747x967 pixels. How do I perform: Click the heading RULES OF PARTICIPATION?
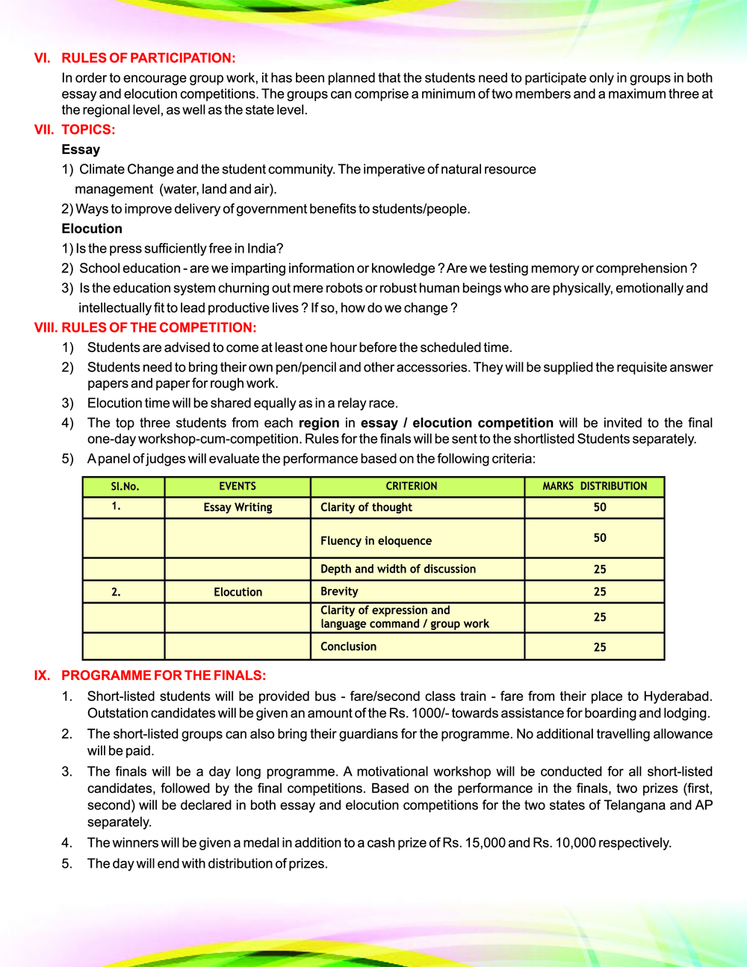pos(148,58)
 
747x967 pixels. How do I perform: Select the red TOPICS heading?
pos(88,129)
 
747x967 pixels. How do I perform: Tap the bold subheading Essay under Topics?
pos(81,149)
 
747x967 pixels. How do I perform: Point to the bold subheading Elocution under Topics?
pos(92,229)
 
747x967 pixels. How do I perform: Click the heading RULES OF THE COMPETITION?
pos(158,327)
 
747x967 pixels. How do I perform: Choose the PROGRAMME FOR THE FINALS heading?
pos(163,676)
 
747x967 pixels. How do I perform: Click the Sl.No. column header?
pos(125,486)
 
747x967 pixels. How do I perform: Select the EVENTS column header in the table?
pos(238,486)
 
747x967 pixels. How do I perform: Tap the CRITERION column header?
pos(412,486)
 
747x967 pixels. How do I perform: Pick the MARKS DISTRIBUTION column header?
pos(595,486)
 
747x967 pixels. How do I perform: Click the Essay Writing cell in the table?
pos(238,507)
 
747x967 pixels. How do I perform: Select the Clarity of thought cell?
pos(366,507)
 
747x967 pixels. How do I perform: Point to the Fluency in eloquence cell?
pos(376,541)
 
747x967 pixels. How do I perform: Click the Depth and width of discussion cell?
pos(398,569)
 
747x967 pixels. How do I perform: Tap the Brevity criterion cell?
pos(339,592)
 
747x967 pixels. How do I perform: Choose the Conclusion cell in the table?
pos(348,647)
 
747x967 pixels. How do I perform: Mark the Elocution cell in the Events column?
pos(238,592)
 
